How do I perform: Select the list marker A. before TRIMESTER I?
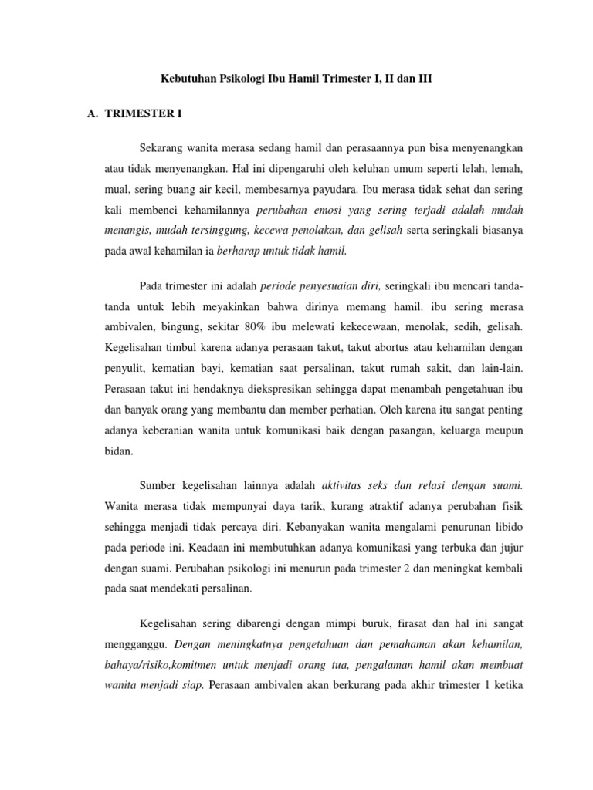[95, 113]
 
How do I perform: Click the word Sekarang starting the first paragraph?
[164, 147]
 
